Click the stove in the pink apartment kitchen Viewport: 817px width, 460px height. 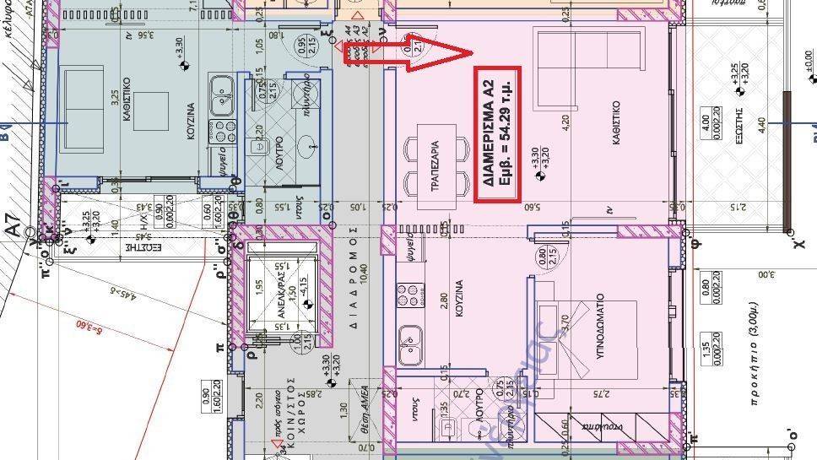pyautogui.click(x=406, y=296)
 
